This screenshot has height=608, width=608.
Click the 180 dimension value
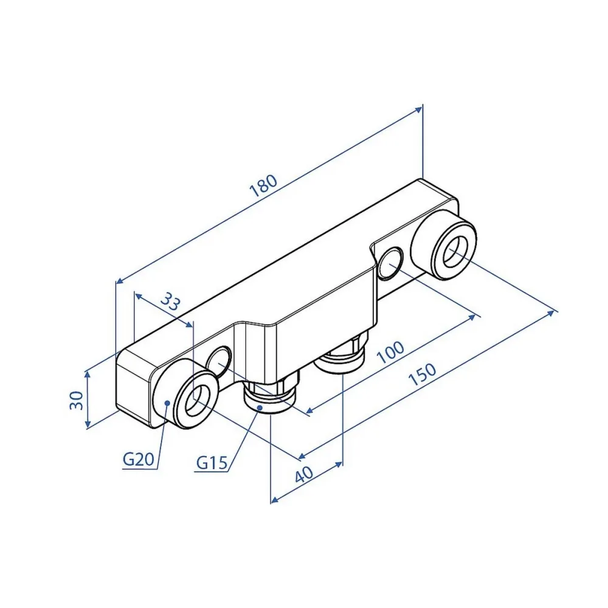tap(264, 185)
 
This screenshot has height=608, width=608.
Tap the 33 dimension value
tap(170, 302)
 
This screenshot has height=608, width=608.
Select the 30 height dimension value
tap(77, 400)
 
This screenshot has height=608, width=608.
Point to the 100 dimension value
tap(390, 352)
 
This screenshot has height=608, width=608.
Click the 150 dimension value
tap(423, 375)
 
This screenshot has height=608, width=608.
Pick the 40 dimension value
tap(304, 474)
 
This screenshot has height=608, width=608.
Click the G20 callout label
tap(139, 460)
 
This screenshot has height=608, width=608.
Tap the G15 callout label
tap(212, 462)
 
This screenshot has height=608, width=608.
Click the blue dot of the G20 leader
tap(167, 403)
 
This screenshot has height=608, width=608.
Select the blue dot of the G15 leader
tap(260, 407)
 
